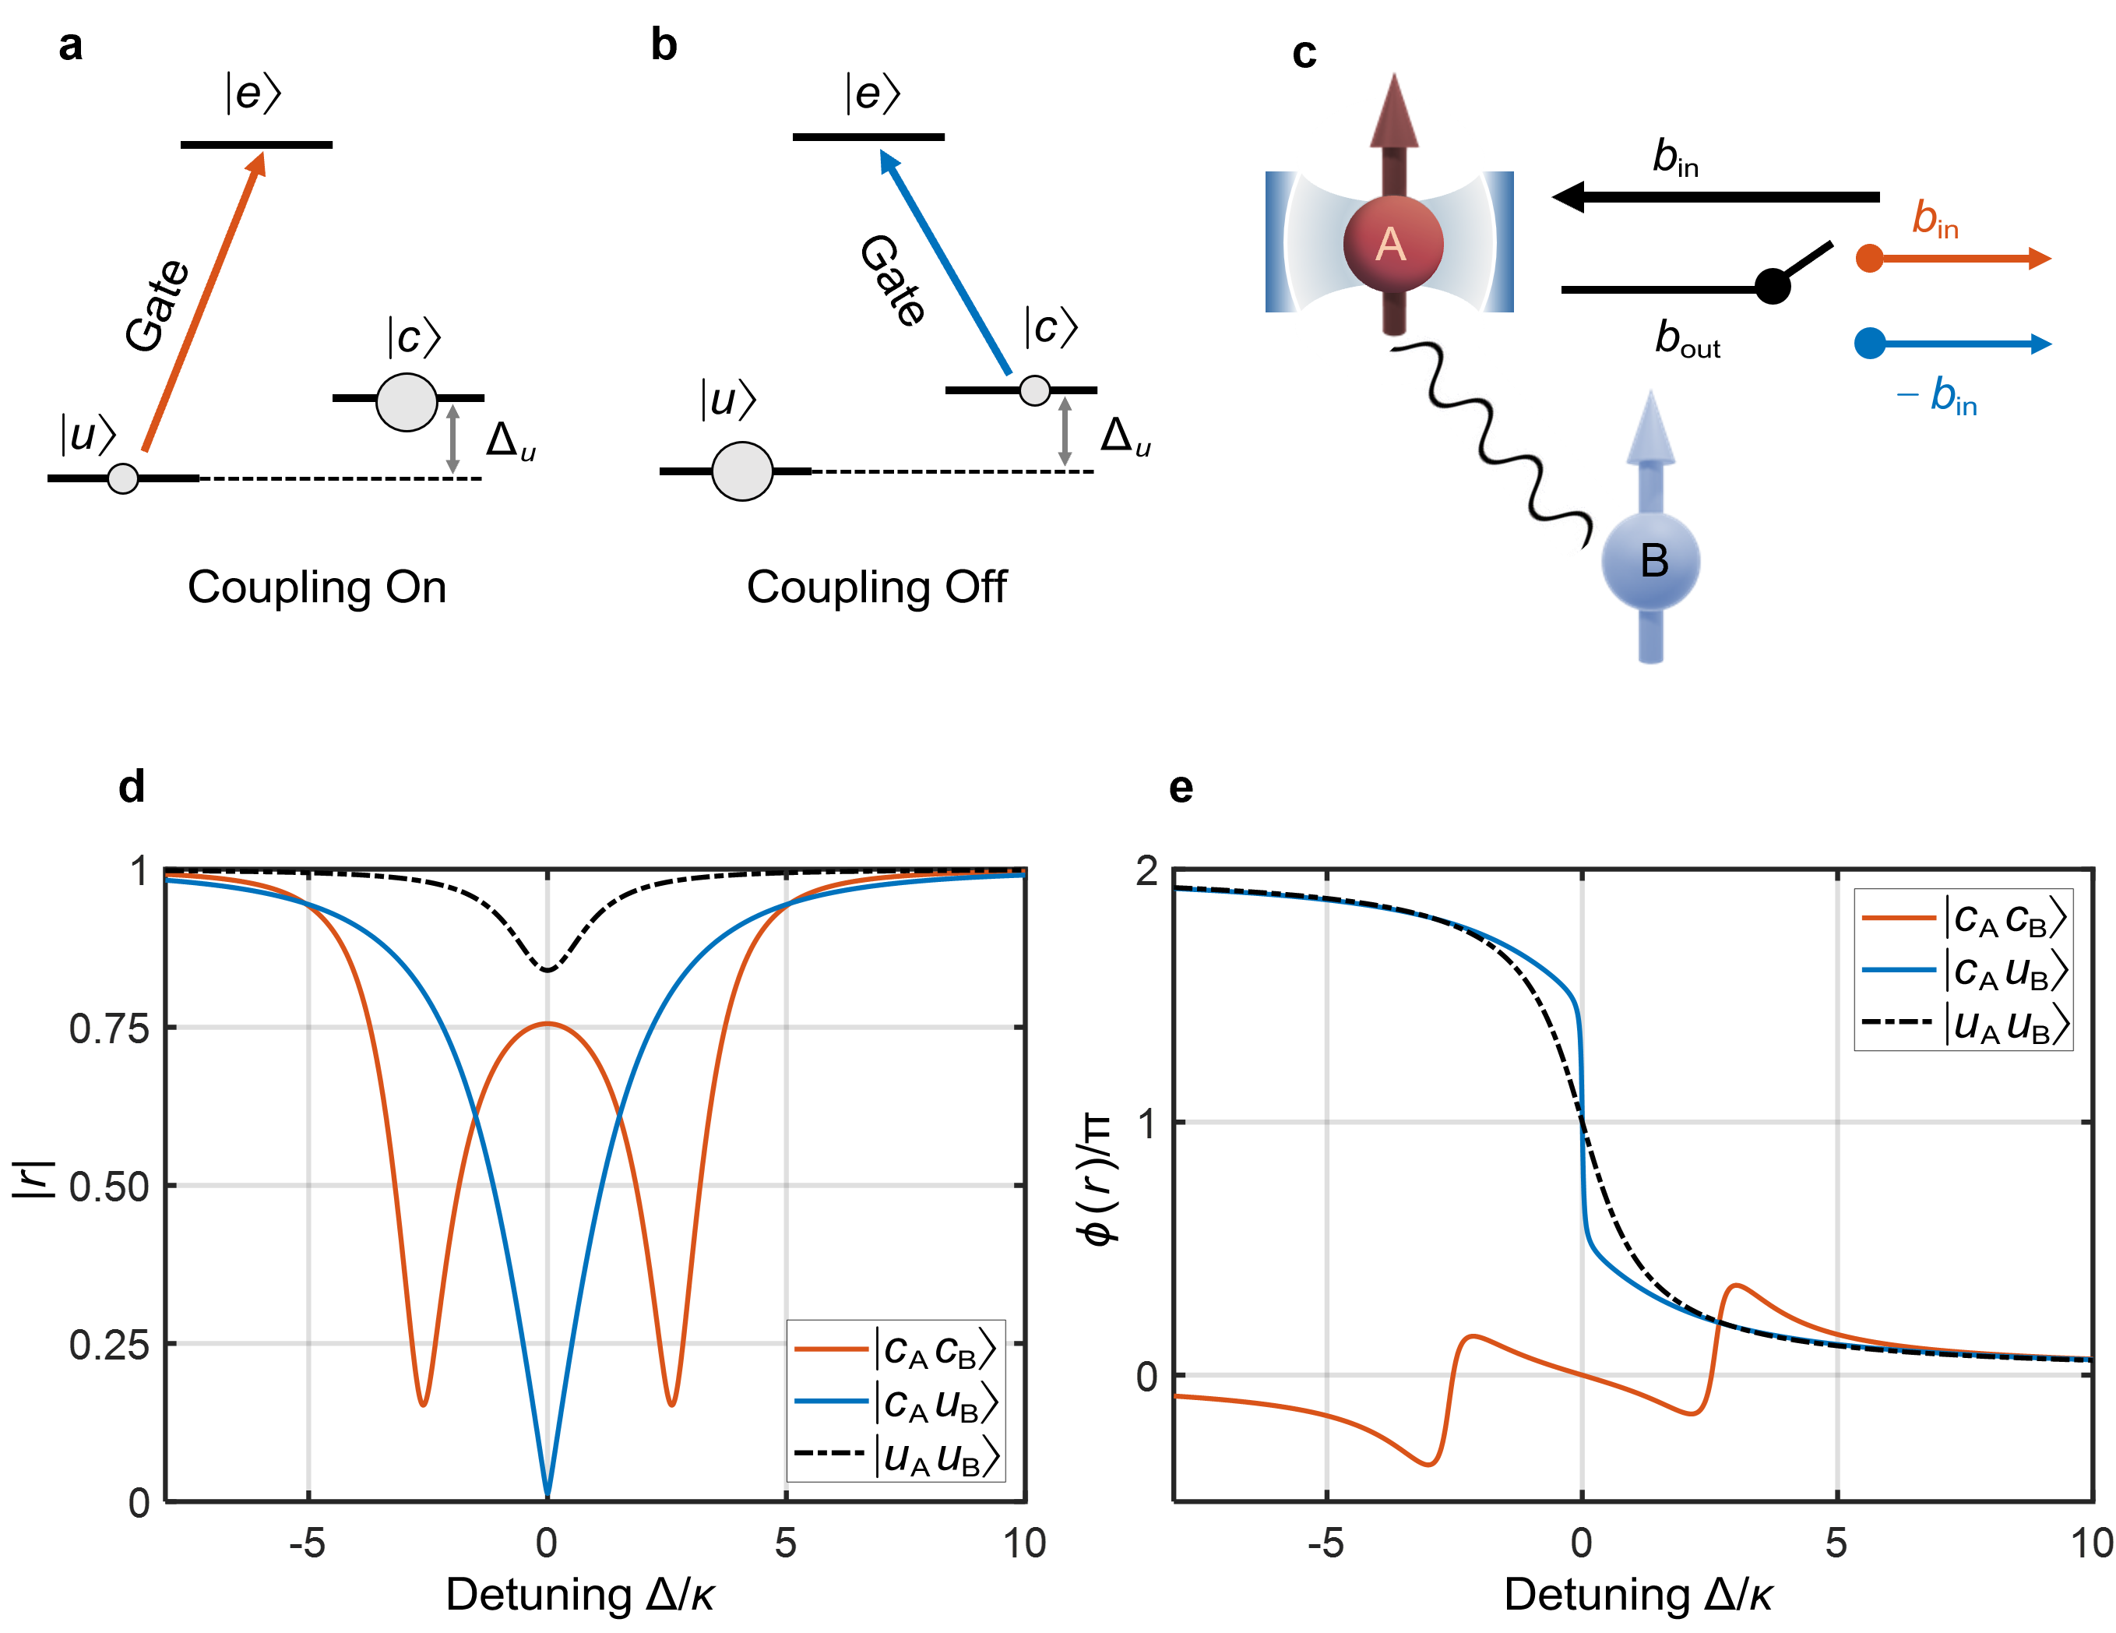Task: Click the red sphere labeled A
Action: coord(1392,243)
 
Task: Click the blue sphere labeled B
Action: coord(1651,561)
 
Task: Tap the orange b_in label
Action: coord(1935,219)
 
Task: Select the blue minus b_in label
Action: coord(1938,396)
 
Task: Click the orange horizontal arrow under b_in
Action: coord(1957,259)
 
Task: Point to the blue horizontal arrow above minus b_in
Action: coord(1957,343)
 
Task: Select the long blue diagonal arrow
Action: coord(945,262)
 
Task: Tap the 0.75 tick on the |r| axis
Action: coord(110,1028)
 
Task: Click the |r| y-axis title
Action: coord(31,1176)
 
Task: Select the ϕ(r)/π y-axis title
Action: coord(1100,1184)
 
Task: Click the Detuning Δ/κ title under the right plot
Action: coord(1639,1595)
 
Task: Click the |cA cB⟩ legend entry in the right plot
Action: coord(1964,917)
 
